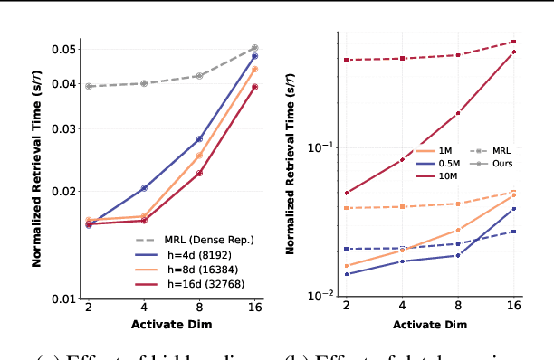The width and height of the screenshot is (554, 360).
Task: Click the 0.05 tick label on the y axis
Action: click(x=63, y=48)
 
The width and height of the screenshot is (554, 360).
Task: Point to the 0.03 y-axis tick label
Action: click(x=63, y=128)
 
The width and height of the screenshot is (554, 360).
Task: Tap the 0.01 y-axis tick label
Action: click(x=63, y=298)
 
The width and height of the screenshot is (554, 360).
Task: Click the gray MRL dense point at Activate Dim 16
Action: click(x=254, y=47)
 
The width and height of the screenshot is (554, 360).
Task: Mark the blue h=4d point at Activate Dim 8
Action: click(x=199, y=139)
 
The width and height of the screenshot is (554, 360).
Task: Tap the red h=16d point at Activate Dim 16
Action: click(x=254, y=87)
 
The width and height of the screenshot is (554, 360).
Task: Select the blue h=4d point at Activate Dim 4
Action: click(x=144, y=188)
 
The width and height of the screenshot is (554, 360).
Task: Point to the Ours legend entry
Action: click(x=503, y=164)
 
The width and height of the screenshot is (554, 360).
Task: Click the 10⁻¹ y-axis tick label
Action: click(x=322, y=147)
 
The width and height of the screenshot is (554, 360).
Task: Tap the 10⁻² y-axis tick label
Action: click(x=322, y=295)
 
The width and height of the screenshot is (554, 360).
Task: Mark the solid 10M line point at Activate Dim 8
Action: click(x=458, y=113)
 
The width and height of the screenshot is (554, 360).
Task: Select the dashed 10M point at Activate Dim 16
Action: click(x=513, y=42)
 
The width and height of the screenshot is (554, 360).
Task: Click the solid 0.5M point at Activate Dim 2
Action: click(x=347, y=274)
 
